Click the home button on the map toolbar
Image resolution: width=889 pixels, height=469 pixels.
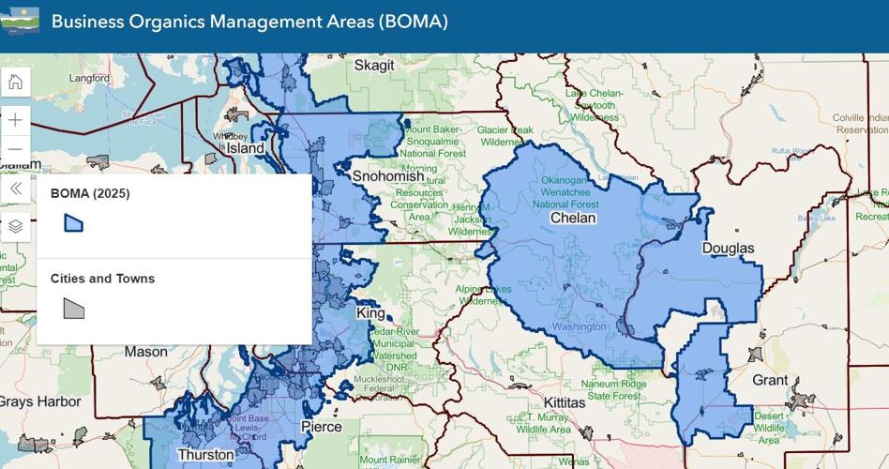point(15,82)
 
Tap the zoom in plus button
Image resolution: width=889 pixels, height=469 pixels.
point(15,120)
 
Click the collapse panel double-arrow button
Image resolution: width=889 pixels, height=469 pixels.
point(15,189)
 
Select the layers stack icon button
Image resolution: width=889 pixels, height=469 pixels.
point(15,226)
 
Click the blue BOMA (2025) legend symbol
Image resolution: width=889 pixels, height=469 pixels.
point(73,222)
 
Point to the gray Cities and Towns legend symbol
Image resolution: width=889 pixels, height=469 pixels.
point(73,308)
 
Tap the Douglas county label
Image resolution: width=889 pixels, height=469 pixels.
point(728,249)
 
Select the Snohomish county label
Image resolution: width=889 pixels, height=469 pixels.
point(388,176)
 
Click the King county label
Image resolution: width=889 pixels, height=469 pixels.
point(370,312)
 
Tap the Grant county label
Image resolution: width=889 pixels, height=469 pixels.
point(770,380)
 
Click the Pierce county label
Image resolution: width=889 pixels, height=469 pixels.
point(321,427)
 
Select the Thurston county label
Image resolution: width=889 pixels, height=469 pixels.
point(205,455)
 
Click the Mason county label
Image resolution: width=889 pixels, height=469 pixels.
point(145,352)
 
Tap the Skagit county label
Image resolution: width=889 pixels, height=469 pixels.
point(374,66)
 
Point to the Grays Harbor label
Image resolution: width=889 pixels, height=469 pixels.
point(39,401)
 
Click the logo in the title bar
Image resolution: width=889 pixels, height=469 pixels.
point(20,21)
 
